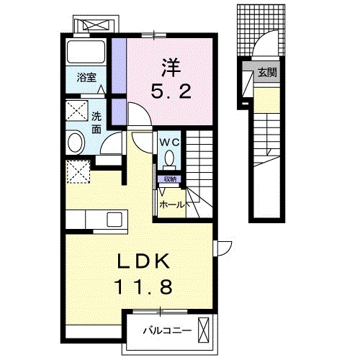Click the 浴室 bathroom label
coord(86,76)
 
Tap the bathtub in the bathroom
coord(86,51)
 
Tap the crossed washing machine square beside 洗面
coord(76,112)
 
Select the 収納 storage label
coord(170,179)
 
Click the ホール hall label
coord(172,204)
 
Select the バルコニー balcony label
coord(166,332)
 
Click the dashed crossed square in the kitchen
coord(76,174)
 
